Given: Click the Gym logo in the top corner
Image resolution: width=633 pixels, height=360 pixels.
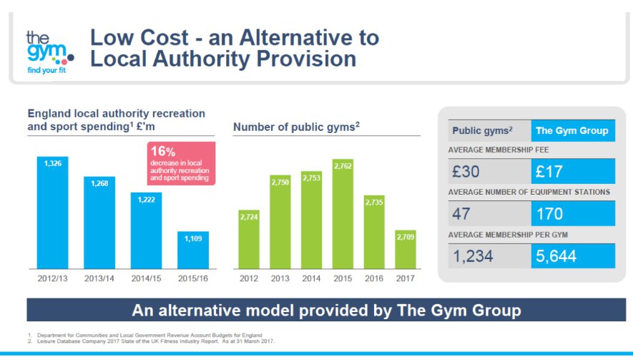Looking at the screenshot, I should (47, 52).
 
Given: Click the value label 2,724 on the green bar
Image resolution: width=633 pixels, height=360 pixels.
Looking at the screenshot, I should (249, 215).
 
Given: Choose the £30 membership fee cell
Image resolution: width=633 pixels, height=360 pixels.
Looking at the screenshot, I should (489, 172).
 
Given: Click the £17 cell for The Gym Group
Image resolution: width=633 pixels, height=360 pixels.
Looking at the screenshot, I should (573, 172).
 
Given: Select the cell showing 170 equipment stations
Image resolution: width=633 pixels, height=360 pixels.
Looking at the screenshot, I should (573, 213).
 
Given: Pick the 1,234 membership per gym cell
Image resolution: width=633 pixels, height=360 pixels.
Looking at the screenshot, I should (489, 256).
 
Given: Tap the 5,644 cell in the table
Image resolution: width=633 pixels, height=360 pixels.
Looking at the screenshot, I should (573, 256).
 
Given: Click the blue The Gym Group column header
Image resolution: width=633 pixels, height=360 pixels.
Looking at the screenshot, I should (572, 130).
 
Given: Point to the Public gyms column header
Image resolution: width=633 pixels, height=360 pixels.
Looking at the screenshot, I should (489, 130).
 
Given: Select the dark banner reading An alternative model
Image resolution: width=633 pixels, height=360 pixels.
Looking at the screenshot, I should (326, 310).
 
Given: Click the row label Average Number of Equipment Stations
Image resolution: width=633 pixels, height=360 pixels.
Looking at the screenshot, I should (529, 192).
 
